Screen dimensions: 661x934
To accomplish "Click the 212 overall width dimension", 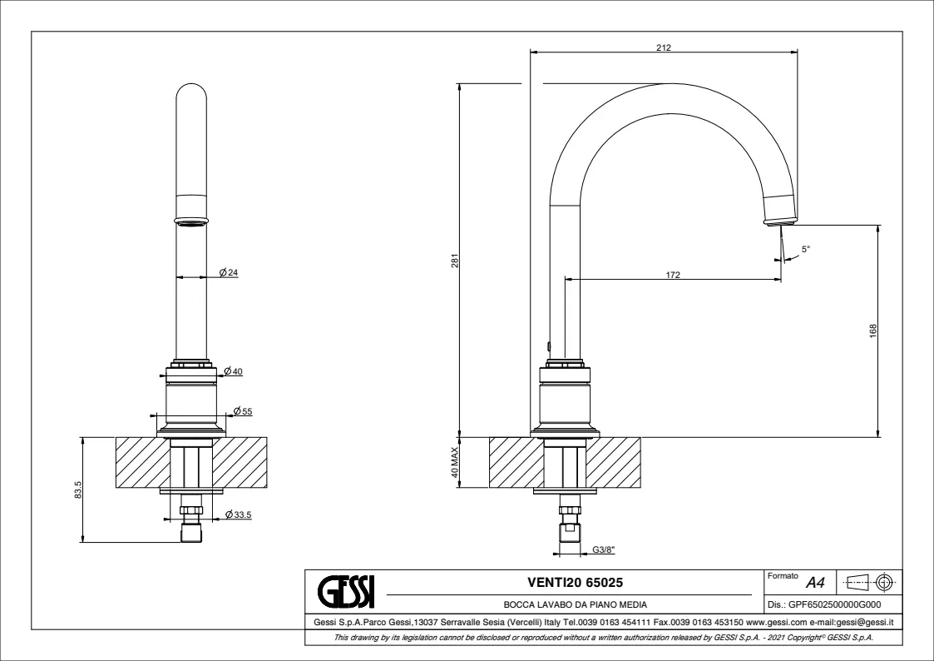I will tap(663, 47).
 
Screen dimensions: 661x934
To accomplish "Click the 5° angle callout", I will tap(805, 249).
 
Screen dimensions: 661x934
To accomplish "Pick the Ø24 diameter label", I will tap(230, 273).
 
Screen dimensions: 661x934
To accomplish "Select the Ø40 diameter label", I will tap(233, 371).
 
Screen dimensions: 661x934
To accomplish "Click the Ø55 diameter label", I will tap(243, 411).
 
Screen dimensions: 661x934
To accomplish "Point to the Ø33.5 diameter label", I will tap(238, 515).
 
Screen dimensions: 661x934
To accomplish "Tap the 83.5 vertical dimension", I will tap(77, 491).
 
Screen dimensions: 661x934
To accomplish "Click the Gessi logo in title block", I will tap(347, 589).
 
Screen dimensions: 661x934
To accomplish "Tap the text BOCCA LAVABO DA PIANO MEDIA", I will tap(575, 604).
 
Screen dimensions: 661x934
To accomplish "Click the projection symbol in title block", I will tap(869, 580).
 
